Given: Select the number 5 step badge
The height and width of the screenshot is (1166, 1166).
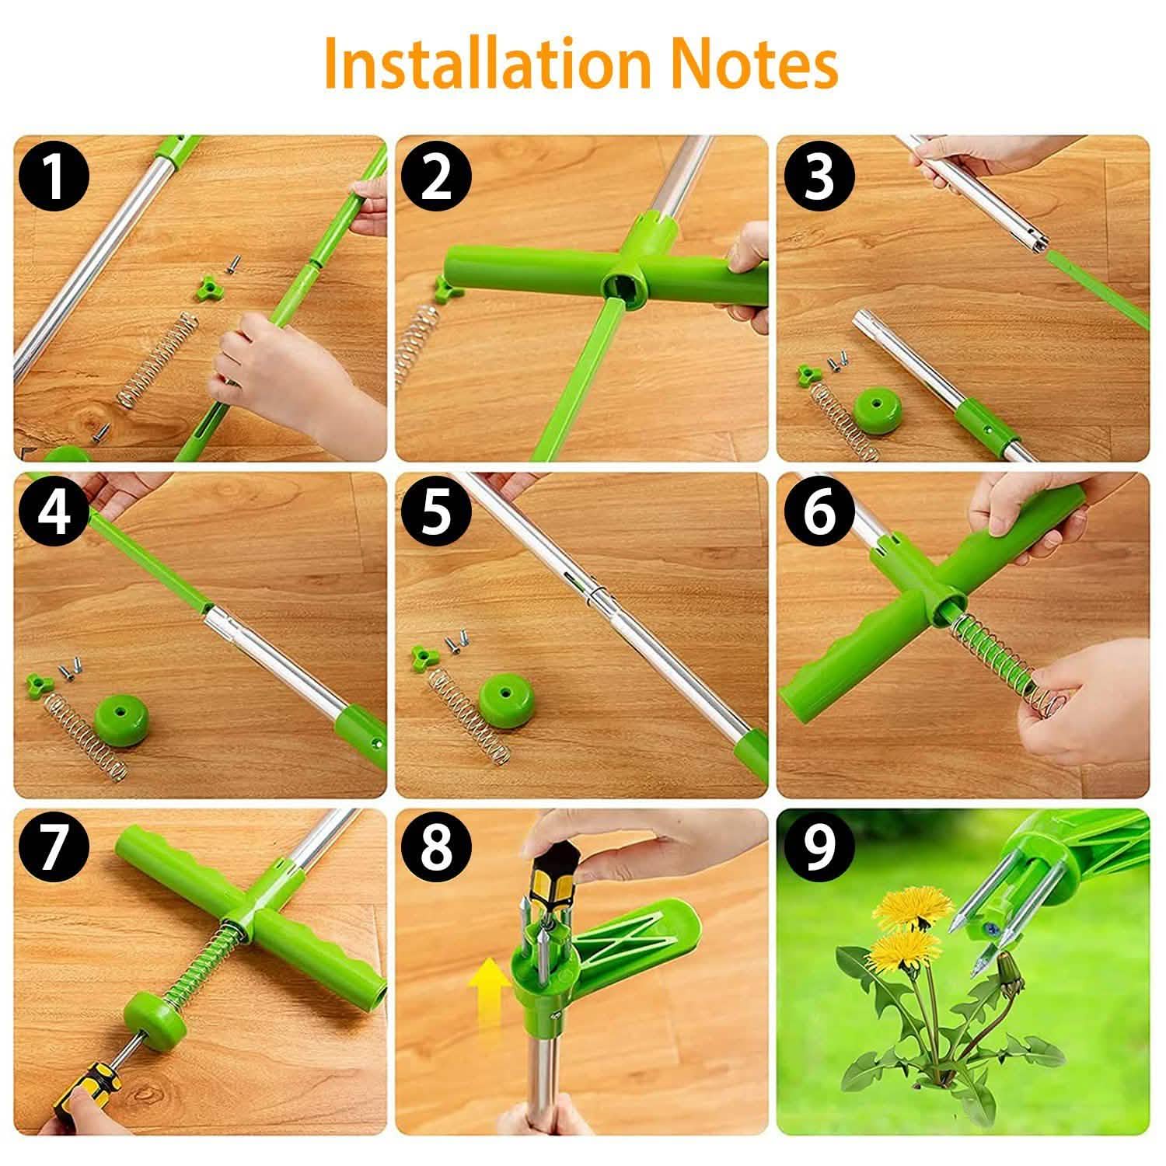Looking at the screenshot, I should click(x=436, y=514).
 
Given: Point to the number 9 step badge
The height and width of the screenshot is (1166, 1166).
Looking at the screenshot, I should click(x=818, y=849).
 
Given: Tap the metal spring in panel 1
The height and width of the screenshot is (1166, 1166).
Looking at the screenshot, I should click(x=158, y=360).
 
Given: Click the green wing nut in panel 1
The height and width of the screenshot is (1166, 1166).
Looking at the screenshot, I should click(x=207, y=281).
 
